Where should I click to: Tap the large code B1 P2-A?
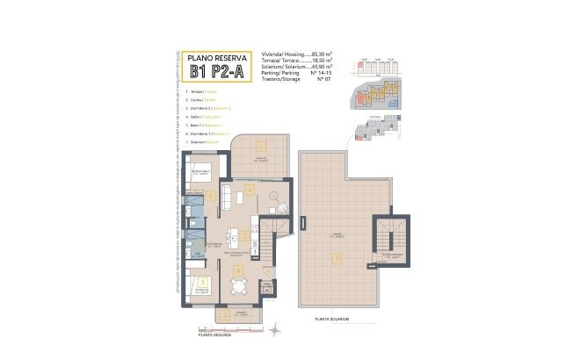point(216,73)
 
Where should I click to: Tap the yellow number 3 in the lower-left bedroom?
point(203,283)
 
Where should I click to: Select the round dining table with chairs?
point(235,285)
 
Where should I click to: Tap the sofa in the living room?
point(226,195)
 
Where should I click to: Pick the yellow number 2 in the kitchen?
point(243,236)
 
